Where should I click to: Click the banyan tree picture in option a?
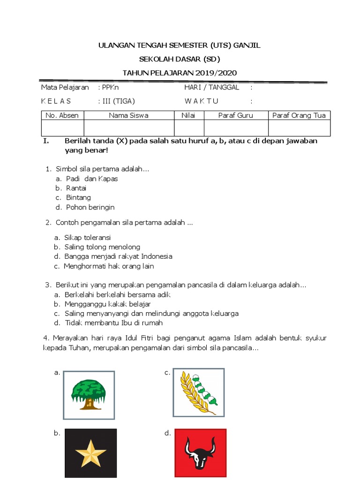pyautogui.click(x=89, y=395)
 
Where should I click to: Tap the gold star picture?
pyautogui.click(x=90, y=453)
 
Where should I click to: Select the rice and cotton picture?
pyautogui.click(x=199, y=392)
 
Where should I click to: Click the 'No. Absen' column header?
pyautogui.click(x=62, y=115)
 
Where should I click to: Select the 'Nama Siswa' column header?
pyautogui.click(x=128, y=115)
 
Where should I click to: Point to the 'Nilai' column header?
pyautogui.click(x=189, y=115)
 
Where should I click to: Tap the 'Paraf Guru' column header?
pyautogui.click(x=236, y=115)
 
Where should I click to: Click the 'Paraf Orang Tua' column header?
pyautogui.click(x=299, y=115)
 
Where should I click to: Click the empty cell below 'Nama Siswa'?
pyautogui.click(x=129, y=128)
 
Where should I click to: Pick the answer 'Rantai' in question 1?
pyautogui.click(x=76, y=188)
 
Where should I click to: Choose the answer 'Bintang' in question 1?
pyautogui.click(x=78, y=197)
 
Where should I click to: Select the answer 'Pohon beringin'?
pyautogui.click(x=90, y=207)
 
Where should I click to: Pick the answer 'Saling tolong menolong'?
pyautogui.click(x=102, y=247)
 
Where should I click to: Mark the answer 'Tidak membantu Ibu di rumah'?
pyautogui.click(x=114, y=322)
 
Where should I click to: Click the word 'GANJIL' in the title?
pyautogui.click(x=247, y=45)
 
